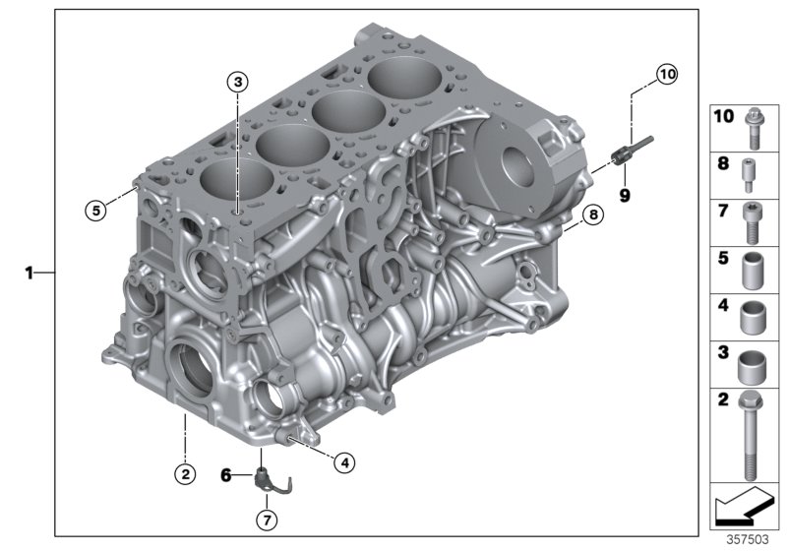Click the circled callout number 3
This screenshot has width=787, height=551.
coord(238,81)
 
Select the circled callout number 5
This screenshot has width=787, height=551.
coord(95,209)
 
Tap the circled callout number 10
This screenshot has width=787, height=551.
coord(668,73)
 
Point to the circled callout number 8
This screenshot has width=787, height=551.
coord(591,214)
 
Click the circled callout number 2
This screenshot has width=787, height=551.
coord(184,473)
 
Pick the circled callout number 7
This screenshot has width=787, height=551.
coord(266,519)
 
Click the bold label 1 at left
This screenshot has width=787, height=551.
coord(30,272)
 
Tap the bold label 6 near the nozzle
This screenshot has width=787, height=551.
coord(226,475)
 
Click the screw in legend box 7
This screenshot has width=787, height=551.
coord(750,220)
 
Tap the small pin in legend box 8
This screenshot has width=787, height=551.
coord(750,173)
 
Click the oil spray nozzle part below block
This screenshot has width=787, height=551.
coord(269,481)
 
